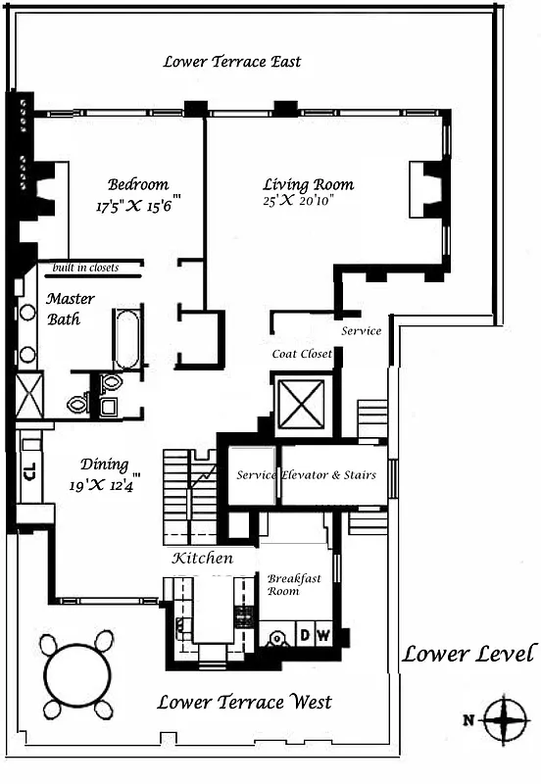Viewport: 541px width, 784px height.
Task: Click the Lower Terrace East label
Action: [x=232, y=62]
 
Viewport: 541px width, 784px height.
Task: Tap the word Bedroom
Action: [x=137, y=184]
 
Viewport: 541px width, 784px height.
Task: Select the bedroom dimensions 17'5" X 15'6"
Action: [x=139, y=207]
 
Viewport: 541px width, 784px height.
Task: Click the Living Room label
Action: [x=308, y=184]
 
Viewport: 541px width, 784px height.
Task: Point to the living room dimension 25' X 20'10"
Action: [x=305, y=203]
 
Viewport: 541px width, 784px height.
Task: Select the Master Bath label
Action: [x=71, y=309]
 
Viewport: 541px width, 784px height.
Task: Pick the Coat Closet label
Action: [x=303, y=354]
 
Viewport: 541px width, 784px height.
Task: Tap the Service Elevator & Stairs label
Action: [x=307, y=475]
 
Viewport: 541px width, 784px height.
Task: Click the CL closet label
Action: [x=28, y=469]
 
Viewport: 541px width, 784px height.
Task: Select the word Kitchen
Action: [x=203, y=558]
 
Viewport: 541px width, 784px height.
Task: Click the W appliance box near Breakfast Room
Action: [x=321, y=635]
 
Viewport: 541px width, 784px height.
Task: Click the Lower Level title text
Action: [x=469, y=654]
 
